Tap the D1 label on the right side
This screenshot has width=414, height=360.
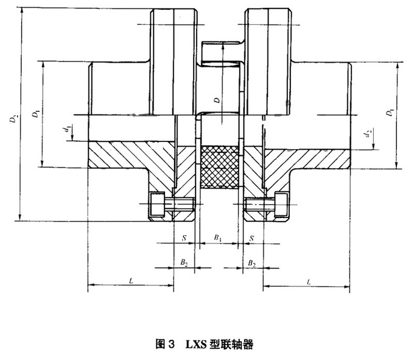pos(390,113)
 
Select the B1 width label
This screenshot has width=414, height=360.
pos(217,236)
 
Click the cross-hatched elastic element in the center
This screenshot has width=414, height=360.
pos(219,168)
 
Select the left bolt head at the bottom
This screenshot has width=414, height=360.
pos(157,204)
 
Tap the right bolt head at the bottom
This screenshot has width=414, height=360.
pos(282,204)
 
